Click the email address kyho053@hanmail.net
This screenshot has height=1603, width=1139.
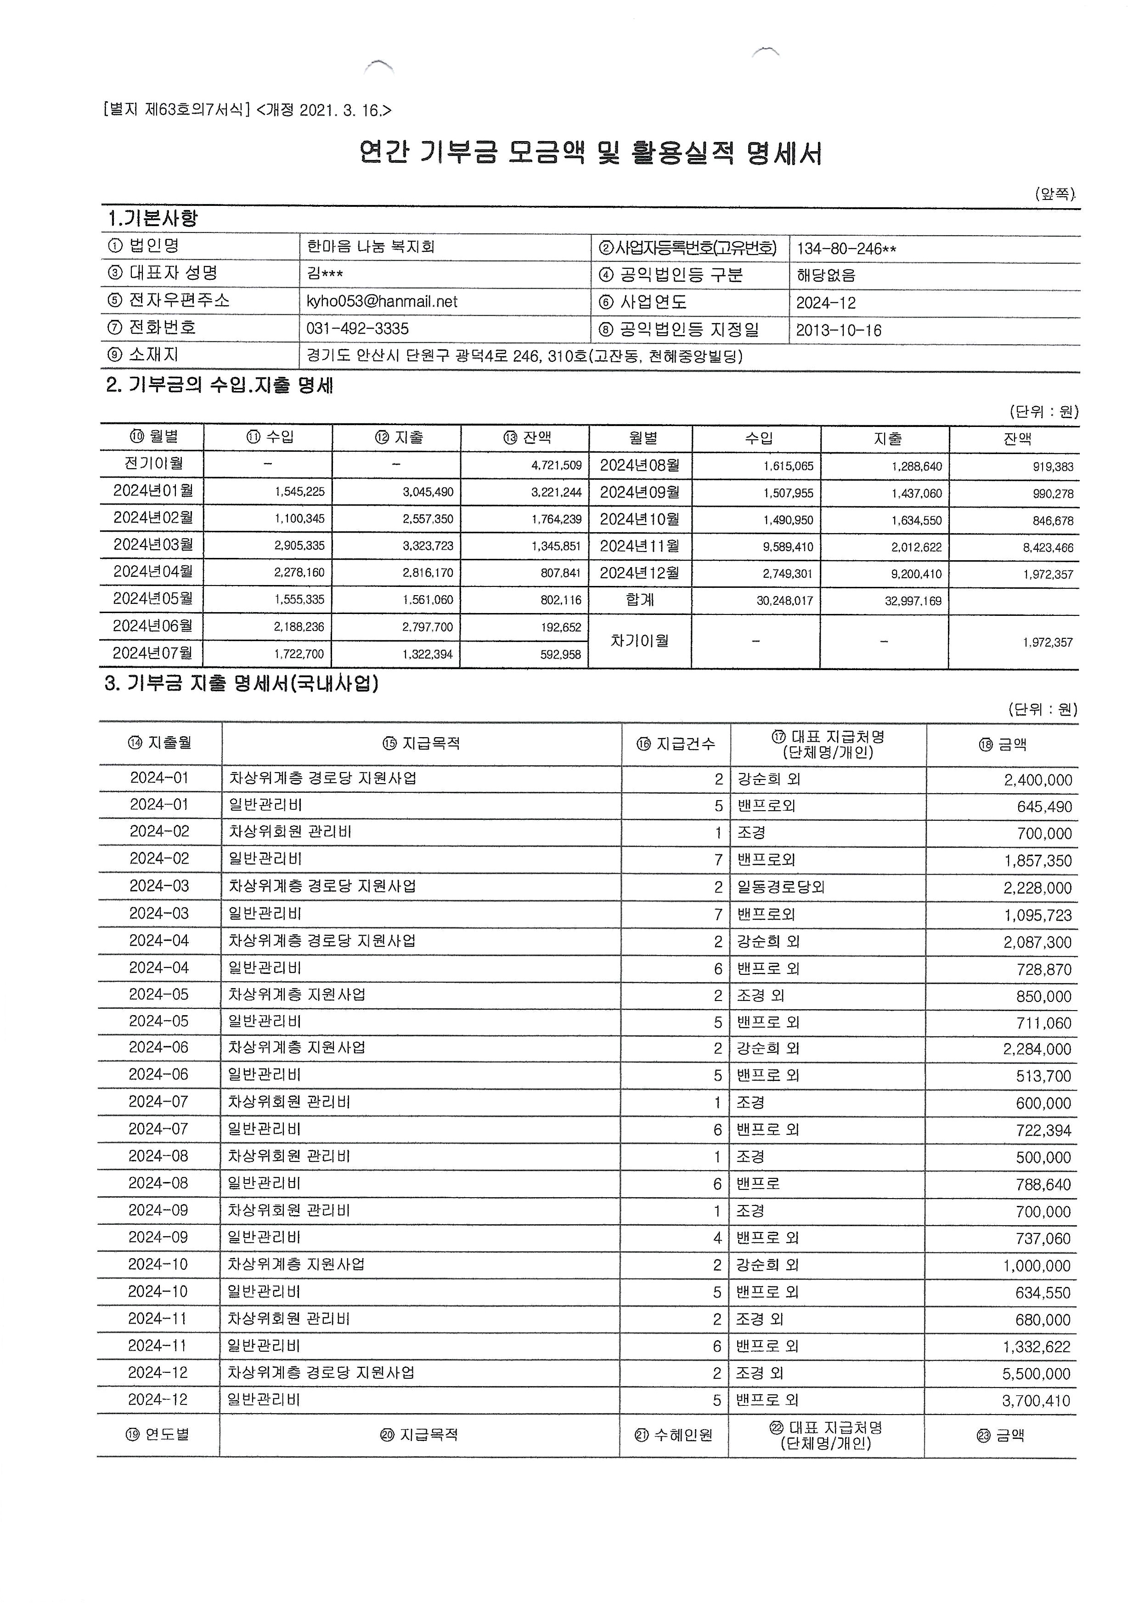pyautogui.click(x=382, y=302)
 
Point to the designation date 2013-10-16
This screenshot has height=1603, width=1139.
pyautogui.click(x=838, y=330)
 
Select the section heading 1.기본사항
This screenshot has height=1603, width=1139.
pyautogui.click(x=152, y=218)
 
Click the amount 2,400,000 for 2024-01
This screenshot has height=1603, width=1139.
pyautogui.click(x=1038, y=780)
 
